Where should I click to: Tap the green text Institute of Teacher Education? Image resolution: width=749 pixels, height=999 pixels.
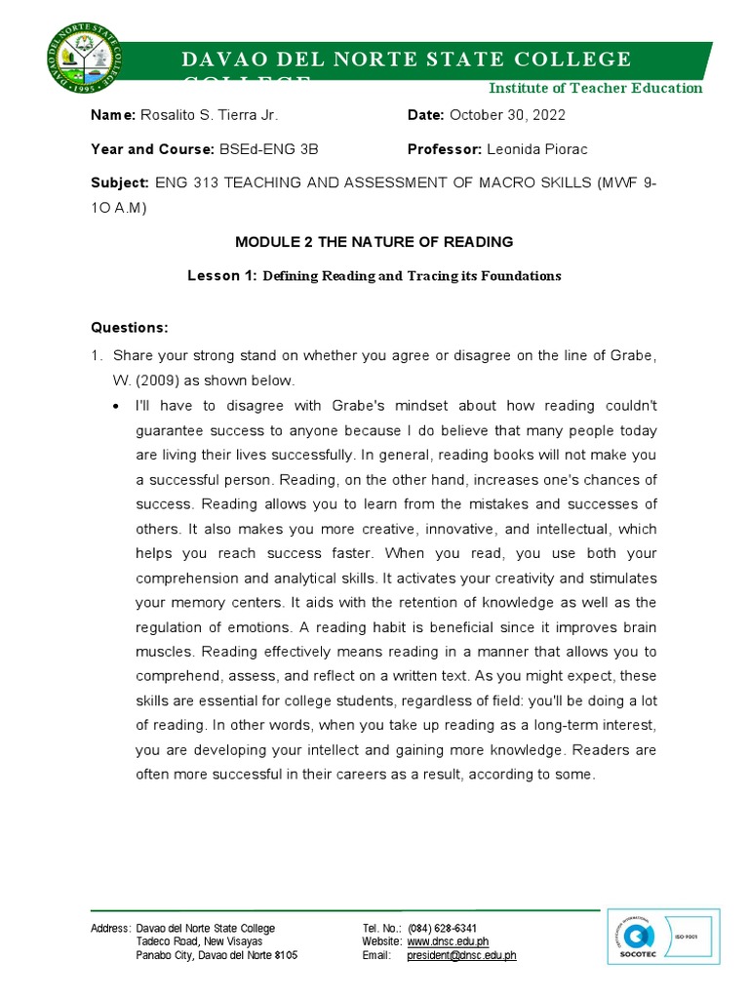tap(595, 88)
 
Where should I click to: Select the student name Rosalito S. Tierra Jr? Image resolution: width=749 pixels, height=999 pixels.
tap(210, 115)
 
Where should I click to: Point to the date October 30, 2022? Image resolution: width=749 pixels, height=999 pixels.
tap(507, 115)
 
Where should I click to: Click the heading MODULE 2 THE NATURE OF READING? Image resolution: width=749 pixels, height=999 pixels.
tap(374, 241)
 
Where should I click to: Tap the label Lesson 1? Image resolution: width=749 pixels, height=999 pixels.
tap(221, 276)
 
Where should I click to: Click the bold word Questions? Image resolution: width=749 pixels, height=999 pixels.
tap(130, 327)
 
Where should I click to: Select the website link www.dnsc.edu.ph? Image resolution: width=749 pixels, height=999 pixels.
tap(448, 941)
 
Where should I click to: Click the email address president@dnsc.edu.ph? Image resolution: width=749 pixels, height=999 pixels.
tap(461, 956)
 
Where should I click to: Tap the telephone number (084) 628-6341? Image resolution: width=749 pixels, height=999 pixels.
tap(443, 928)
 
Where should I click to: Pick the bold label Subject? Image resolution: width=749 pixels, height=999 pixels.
tap(119, 182)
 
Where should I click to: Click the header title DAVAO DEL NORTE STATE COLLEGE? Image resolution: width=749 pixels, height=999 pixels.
tap(406, 60)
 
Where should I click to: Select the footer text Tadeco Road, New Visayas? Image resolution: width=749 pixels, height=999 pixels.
tap(199, 941)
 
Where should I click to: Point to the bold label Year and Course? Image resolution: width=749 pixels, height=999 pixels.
tap(152, 149)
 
